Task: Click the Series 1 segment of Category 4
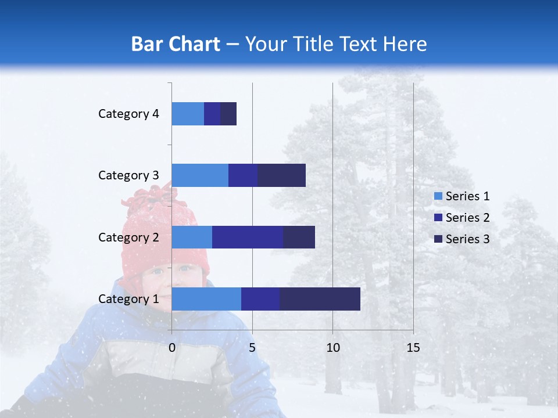click(188, 114)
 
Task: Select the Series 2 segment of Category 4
click(212, 114)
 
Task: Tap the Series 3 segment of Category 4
click(228, 114)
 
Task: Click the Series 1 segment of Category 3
click(200, 175)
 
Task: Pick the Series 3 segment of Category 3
click(281, 175)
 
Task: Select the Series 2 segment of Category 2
click(248, 237)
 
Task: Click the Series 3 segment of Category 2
click(299, 237)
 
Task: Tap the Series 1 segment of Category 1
click(206, 299)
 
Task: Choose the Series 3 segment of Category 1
click(320, 299)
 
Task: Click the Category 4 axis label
click(128, 114)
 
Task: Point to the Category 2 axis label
click(128, 237)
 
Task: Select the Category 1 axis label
click(128, 299)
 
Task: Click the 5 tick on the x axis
click(252, 348)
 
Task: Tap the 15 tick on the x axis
click(413, 348)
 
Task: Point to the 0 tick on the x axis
click(172, 348)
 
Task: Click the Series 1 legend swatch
click(438, 196)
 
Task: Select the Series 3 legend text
click(467, 239)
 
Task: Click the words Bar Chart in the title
click(176, 44)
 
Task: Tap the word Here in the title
click(406, 44)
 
